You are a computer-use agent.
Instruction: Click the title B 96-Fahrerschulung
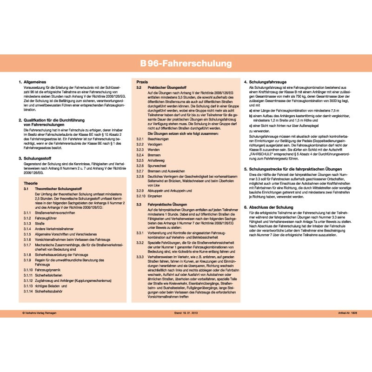click(x=186, y=62)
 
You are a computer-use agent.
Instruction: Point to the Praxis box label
click(x=142, y=81)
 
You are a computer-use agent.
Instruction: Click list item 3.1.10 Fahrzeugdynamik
click(x=47, y=270)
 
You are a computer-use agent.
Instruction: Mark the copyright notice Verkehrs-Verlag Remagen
click(x=42, y=314)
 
